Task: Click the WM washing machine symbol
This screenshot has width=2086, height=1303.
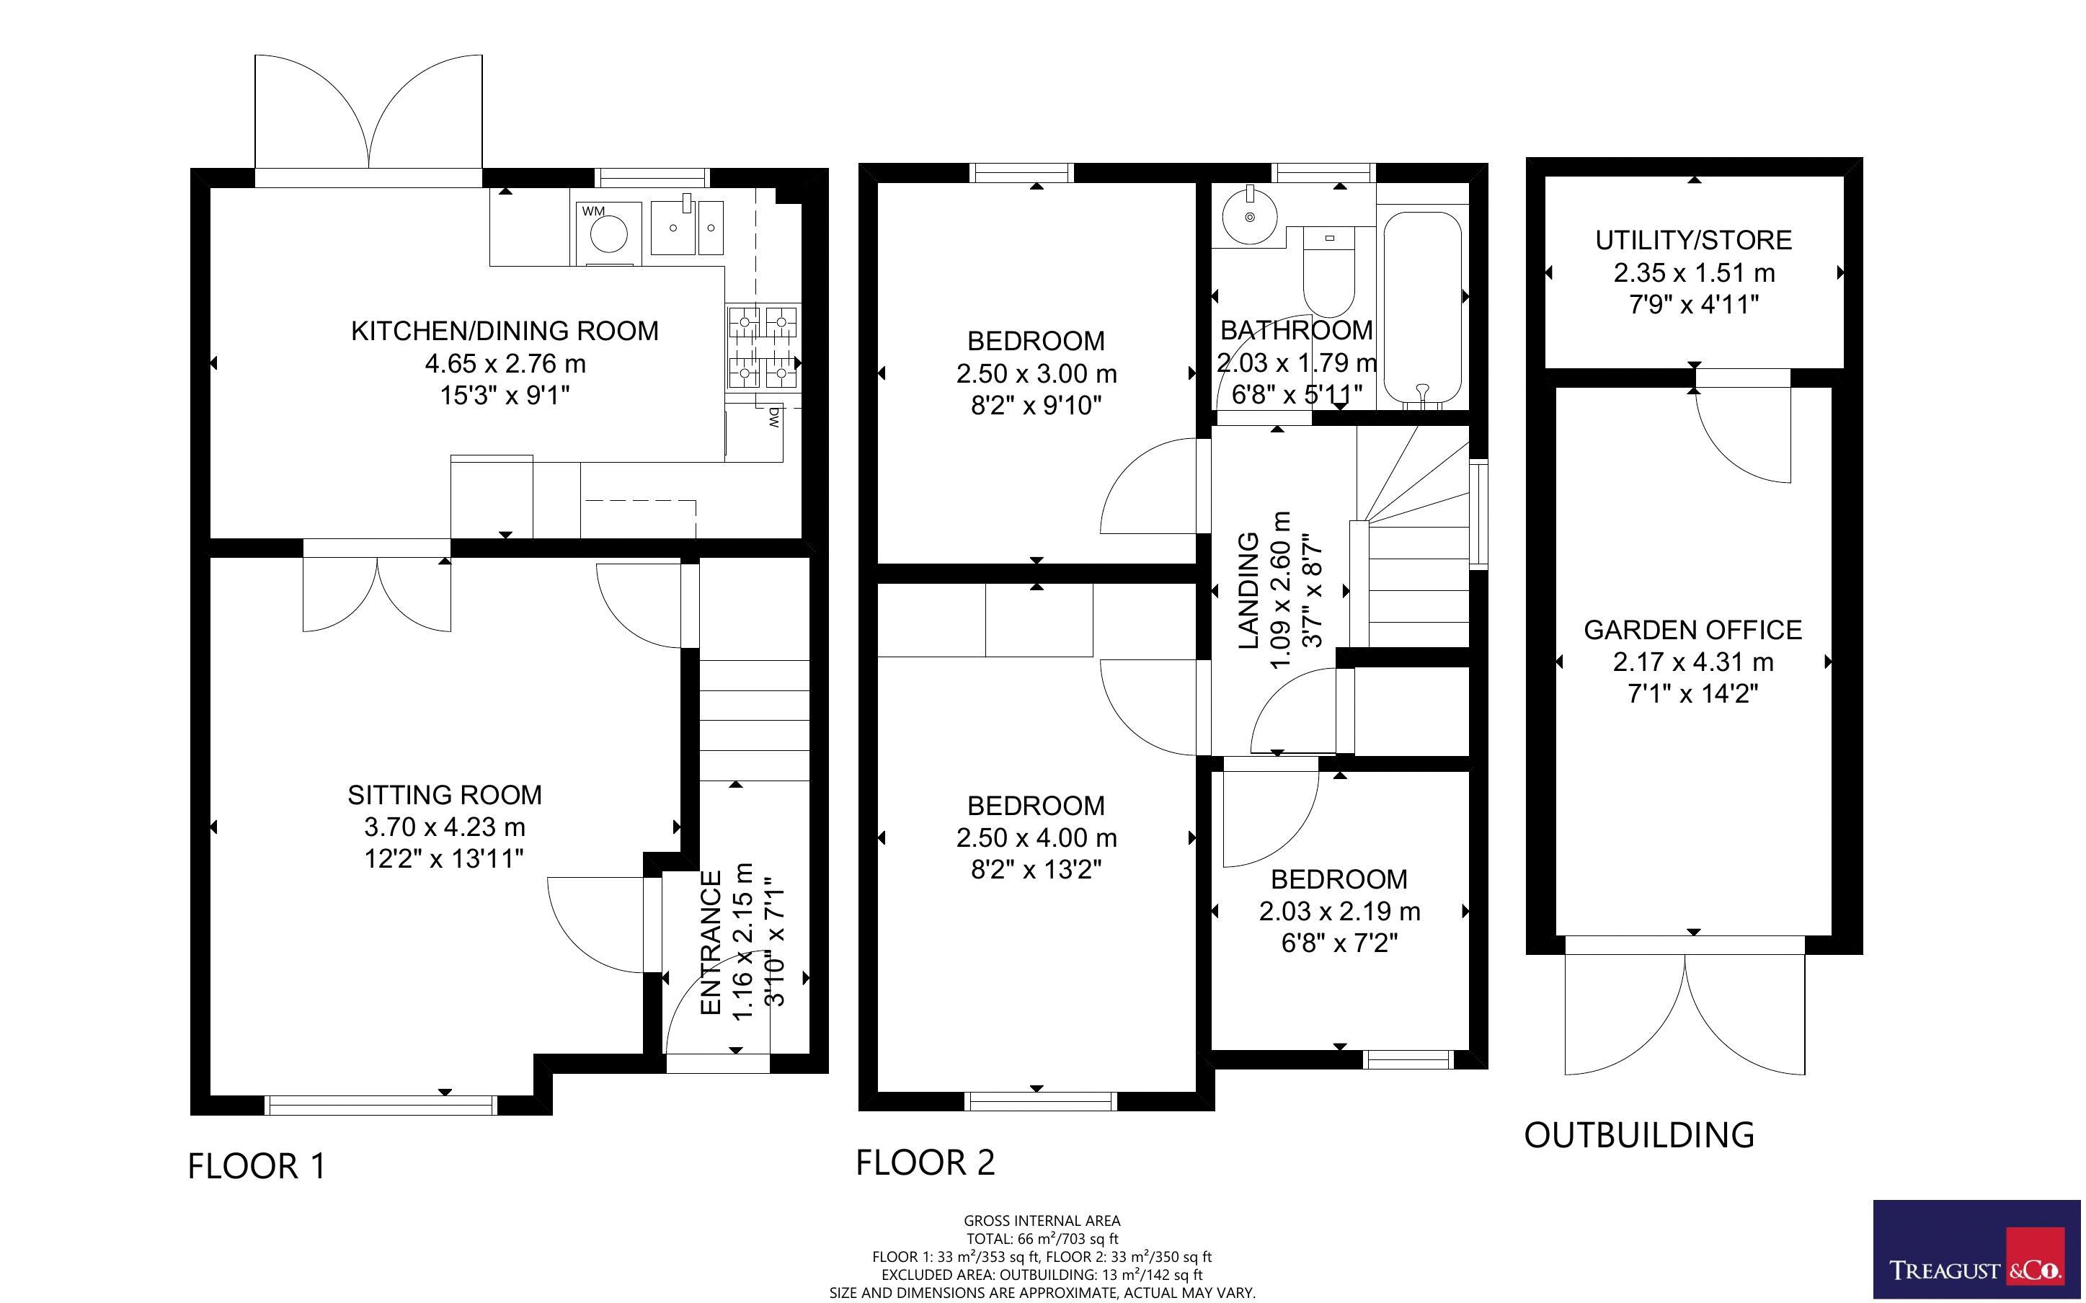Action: coord(609,233)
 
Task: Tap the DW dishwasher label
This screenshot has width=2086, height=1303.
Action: coord(773,418)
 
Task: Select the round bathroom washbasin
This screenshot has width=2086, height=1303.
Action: coord(1249,216)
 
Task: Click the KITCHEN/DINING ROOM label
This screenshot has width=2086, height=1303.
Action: coord(504,331)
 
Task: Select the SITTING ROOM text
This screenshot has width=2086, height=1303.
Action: coord(445,794)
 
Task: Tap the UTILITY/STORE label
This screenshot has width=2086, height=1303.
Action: coord(1693,241)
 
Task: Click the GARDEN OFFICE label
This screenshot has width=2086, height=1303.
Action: coord(1692,630)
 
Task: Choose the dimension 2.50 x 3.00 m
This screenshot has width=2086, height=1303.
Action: coord(1036,374)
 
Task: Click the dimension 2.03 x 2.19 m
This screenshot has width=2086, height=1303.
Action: coord(1339,911)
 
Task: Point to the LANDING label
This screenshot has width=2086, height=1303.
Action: coord(1248,590)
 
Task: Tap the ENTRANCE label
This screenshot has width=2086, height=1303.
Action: coord(711,943)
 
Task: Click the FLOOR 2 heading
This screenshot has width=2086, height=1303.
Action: coord(925,1162)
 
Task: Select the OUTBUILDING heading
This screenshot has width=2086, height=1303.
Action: coord(1639,1135)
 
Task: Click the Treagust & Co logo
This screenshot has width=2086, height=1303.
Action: coord(1976,1249)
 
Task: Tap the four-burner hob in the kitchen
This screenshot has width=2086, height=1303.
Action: coord(763,348)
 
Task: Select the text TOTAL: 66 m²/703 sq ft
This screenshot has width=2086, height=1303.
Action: coord(1042,1238)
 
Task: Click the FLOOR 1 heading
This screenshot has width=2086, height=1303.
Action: coord(257,1166)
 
